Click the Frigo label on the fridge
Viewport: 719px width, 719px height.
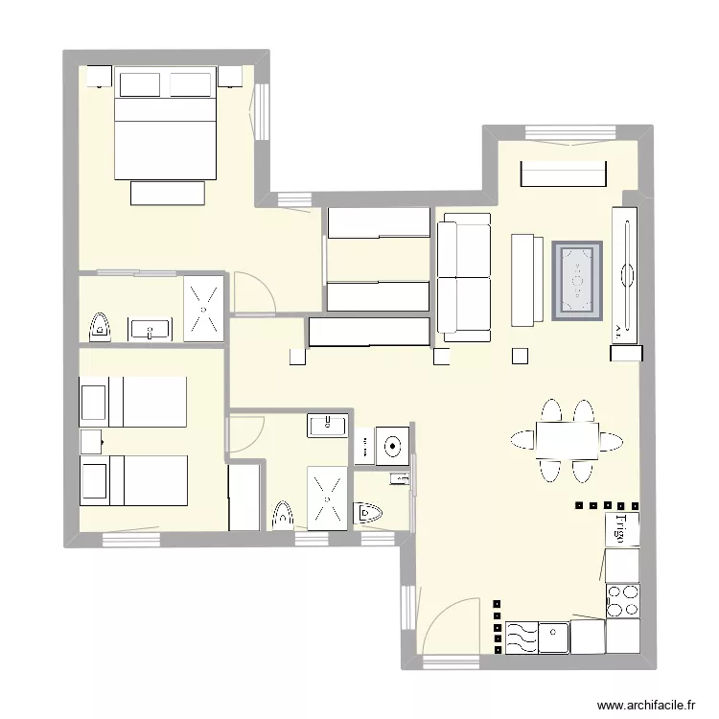click(x=621, y=529)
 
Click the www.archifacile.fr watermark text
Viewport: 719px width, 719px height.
click(x=645, y=705)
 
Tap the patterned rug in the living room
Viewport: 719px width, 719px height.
click(x=577, y=281)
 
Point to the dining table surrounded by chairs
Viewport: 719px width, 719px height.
click(x=566, y=440)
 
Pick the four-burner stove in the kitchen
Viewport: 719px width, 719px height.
click(x=623, y=599)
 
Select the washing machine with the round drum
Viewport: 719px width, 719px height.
click(x=393, y=446)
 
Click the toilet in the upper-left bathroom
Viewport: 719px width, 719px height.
click(x=100, y=328)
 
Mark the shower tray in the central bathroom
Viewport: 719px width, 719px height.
click(x=329, y=497)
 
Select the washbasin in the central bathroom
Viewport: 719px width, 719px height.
click(x=328, y=424)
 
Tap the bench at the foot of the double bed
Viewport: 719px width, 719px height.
click(x=169, y=193)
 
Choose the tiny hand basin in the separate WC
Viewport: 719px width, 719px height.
click(x=401, y=479)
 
